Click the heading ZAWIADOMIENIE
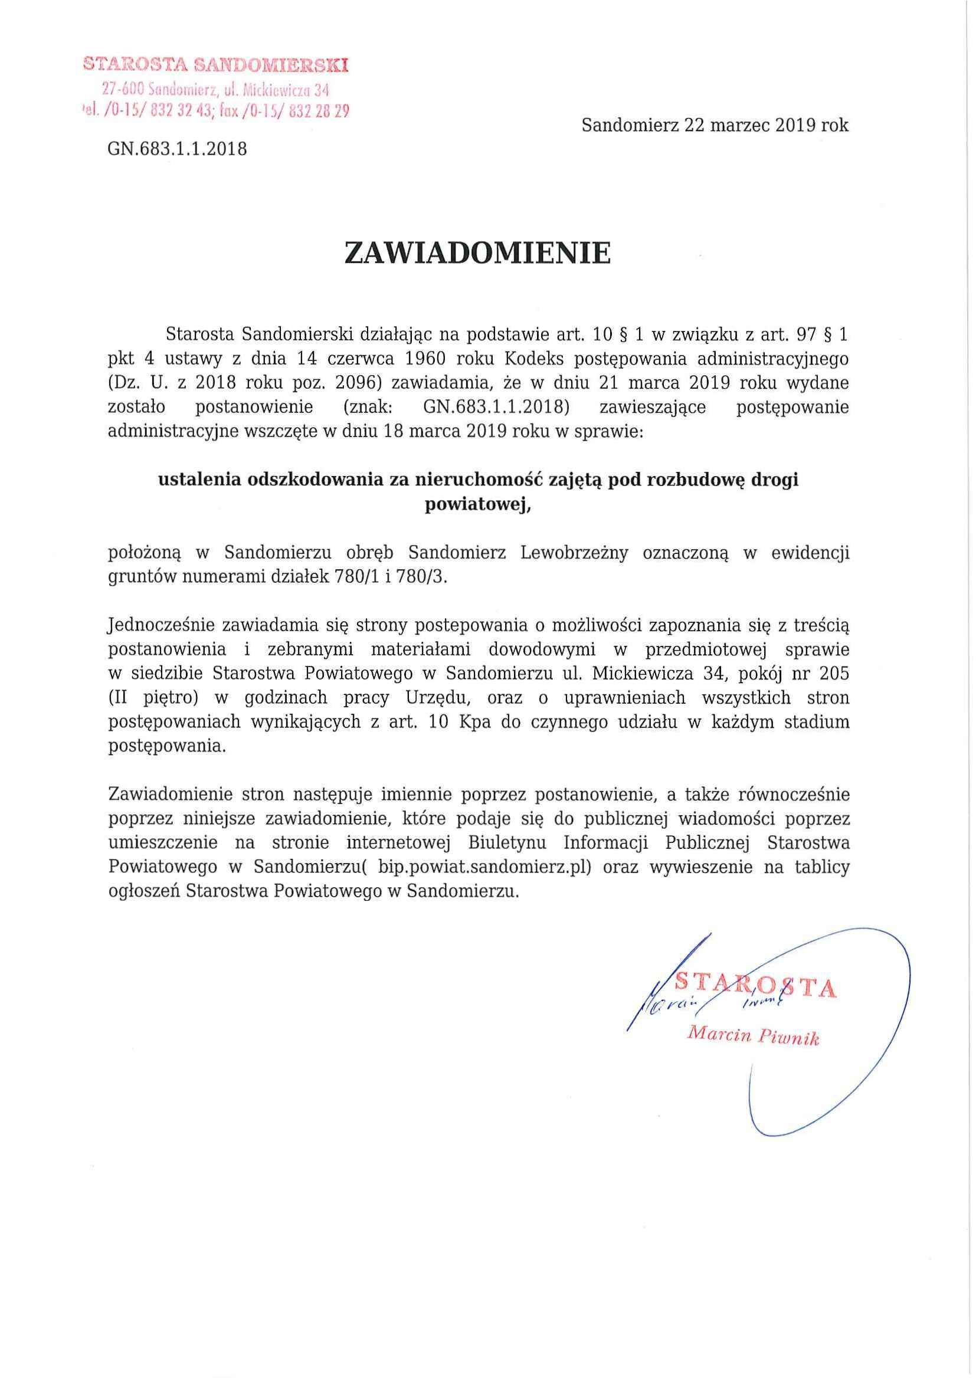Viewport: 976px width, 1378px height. (x=478, y=254)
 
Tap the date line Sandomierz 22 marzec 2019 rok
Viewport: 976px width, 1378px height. (x=715, y=126)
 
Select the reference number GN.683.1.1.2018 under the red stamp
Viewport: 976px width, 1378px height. (x=177, y=149)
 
